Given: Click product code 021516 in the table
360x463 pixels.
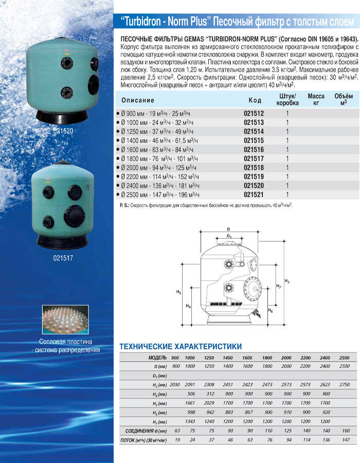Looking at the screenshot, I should click(254, 149).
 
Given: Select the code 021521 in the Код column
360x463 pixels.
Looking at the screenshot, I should click(254, 195).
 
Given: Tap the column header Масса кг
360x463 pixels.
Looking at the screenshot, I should click(316, 99).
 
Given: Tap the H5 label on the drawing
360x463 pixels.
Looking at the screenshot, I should click(178, 292).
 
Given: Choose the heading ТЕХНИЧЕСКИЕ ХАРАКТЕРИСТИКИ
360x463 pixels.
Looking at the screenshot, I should click(180, 347).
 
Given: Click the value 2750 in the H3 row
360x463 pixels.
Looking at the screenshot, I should click(344, 384).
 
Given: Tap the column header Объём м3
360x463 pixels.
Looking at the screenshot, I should click(343, 99).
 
